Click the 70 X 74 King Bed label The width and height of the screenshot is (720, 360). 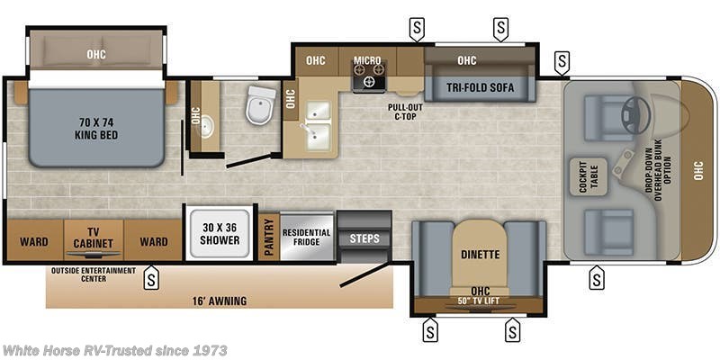96,129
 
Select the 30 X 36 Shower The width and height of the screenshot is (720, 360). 220,234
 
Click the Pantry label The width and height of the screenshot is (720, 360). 268,237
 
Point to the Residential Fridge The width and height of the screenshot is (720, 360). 306,237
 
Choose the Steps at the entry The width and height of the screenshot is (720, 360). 364,238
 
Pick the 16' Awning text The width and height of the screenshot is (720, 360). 220,301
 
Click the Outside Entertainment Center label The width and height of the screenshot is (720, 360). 94,274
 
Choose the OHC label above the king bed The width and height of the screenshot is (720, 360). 96,53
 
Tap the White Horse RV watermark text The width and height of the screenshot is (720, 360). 114,350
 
